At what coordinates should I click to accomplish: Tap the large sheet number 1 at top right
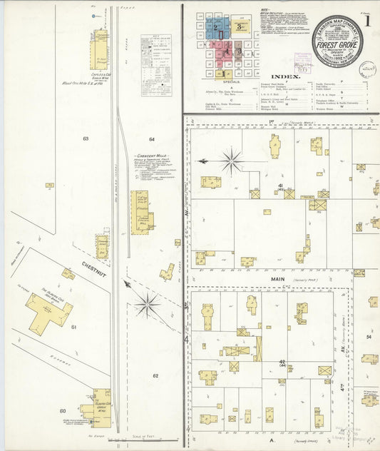[367, 21]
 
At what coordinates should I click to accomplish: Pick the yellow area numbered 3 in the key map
[241, 26]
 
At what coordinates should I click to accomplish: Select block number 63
[85, 138]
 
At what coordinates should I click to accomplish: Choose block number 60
[63, 410]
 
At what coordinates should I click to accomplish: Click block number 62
[155, 375]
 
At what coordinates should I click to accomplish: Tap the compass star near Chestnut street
[148, 305]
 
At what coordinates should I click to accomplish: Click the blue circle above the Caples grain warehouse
[94, 15]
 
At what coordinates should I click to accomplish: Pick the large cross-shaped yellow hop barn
[49, 312]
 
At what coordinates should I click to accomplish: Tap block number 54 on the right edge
[369, 335]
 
